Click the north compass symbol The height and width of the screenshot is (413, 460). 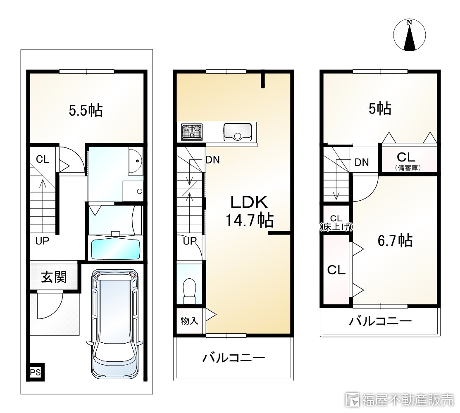[409, 36]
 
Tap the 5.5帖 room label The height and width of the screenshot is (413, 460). [86, 111]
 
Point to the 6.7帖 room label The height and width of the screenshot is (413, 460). [395, 240]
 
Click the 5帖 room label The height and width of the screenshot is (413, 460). [379, 109]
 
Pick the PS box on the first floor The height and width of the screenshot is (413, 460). [36, 373]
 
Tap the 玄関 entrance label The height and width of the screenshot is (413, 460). [54, 277]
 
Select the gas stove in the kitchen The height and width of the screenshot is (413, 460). [192, 132]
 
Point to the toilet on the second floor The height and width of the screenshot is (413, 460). [189, 287]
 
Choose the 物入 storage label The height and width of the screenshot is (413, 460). [189, 320]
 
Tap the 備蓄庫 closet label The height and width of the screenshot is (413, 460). [408, 168]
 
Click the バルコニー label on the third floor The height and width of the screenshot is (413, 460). [380, 321]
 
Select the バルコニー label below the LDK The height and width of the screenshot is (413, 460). [233, 358]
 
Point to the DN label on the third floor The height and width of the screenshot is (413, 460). [362, 162]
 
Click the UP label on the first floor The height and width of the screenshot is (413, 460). [42, 241]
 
